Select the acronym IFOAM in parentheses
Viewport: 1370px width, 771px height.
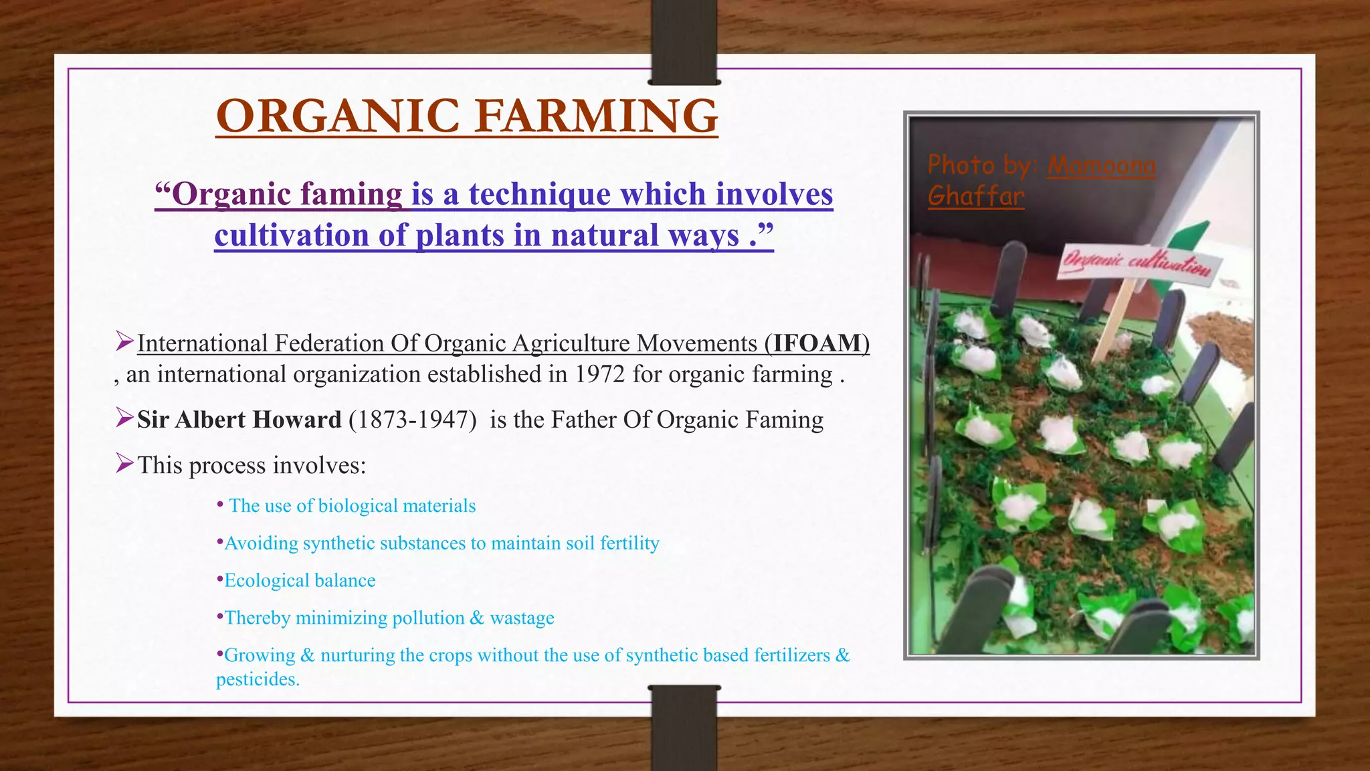click(x=817, y=343)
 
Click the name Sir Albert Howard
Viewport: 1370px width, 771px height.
click(x=239, y=420)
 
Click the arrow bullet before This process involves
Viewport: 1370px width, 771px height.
click(x=124, y=462)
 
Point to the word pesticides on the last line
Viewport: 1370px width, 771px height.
click(x=257, y=679)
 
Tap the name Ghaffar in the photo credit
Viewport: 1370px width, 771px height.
click(x=976, y=196)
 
